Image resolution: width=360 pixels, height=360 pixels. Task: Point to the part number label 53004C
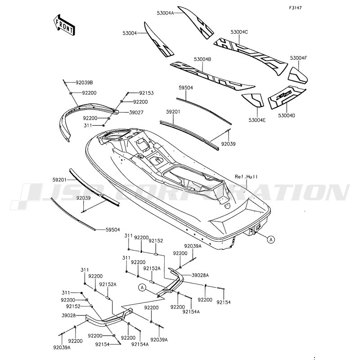click(239, 32)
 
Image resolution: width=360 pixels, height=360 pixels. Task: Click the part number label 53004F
click(298, 58)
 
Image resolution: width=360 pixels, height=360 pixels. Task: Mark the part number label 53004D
click(287, 116)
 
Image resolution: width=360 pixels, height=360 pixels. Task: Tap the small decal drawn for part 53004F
click(297, 72)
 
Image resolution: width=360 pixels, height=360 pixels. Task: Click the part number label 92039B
click(84, 82)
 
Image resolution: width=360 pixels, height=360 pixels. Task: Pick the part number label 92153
click(146, 93)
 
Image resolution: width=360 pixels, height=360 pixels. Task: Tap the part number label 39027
click(135, 113)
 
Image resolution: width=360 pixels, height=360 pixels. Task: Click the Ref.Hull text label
click(247, 177)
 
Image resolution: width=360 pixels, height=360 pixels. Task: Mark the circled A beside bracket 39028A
click(143, 287)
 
